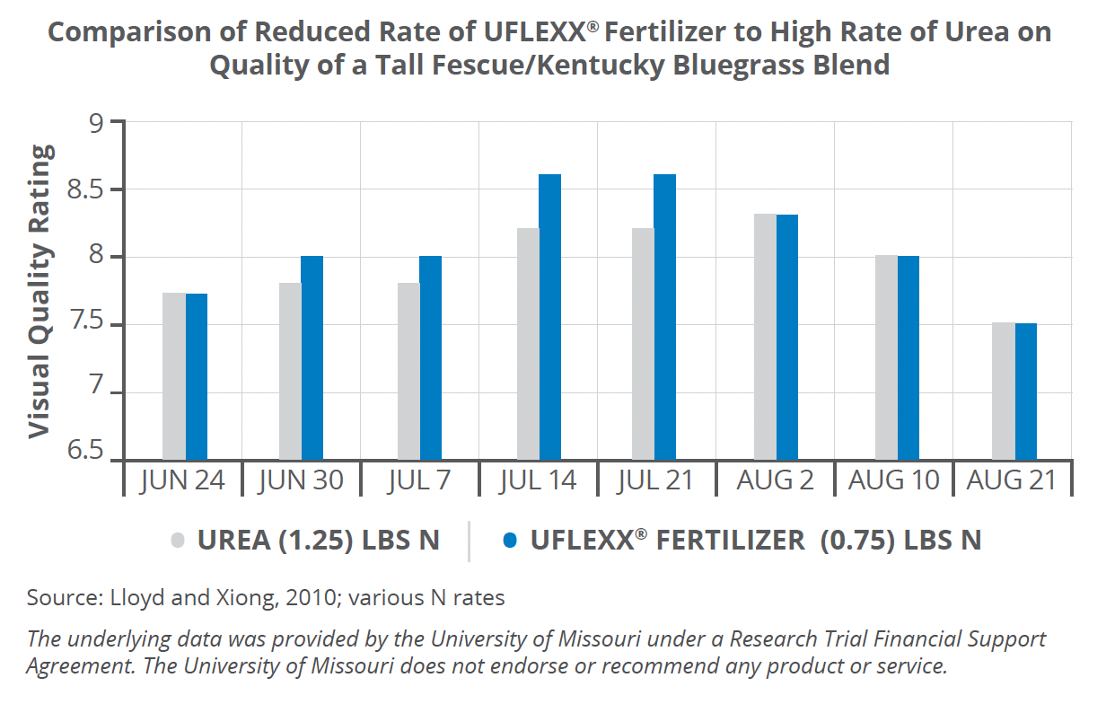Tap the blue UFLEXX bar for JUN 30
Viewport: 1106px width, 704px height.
click(x=312, y=358)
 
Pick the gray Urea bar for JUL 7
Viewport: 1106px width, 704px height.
click(x=408, y=372)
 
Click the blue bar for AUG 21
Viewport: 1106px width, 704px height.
click(x=1025, y=392)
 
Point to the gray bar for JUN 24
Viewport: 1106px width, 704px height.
click(x=174, y=376)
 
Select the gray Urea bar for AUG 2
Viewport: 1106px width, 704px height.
click(x=765, y=337)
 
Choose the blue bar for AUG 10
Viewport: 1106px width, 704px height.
click(x=908, y=358)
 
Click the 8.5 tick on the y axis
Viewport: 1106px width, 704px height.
click(x=86, y=190)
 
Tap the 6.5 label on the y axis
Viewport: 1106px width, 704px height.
click(x=86, y=449)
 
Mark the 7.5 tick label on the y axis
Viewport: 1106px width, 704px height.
click(x=86, y=325)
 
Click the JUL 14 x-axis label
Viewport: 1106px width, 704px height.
click(x=537, y=480)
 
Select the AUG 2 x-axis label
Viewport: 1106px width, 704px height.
click(x=775, y=480)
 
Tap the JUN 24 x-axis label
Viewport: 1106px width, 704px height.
click(x=182, y=480)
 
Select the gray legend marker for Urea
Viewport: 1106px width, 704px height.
click(x=178, y=540)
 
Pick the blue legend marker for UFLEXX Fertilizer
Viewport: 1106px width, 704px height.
click(x=510, y=540)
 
